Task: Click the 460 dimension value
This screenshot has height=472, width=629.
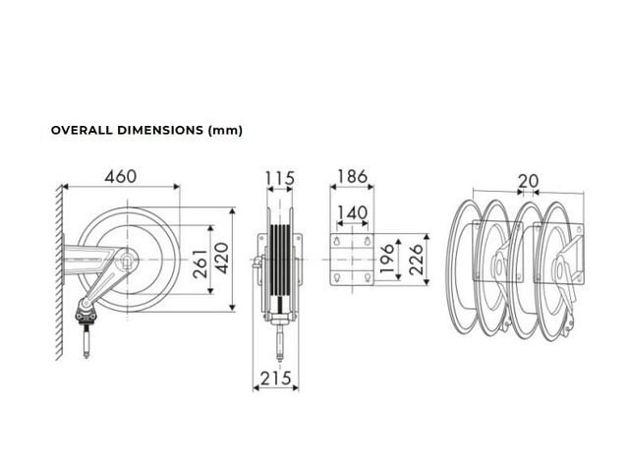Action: pyautogui.click(x=120, y=177)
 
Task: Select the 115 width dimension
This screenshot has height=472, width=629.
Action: pyautogui.click(x=280, y=179)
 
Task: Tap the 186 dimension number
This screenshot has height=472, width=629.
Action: pyautogui.click(x=352, y=177)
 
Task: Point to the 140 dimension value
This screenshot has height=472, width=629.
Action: pyautogui.click(x=352, y=212)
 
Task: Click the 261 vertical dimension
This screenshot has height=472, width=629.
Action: pyautogui.click(x=200, y=265)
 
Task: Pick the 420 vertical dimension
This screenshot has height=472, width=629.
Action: pyautogui.click(x=221, y=258)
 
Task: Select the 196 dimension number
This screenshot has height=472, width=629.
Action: pyautogui.click(x=387, y=259)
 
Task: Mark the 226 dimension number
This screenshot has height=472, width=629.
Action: pyautogui.click(x=416, y=260)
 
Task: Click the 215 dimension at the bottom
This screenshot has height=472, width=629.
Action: pyautogui.click(x=275, y=379)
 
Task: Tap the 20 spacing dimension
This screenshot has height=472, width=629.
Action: pyautogui.click(x=529, y=181)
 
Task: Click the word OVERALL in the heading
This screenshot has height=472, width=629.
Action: pyautogui.click(x=82, y=131)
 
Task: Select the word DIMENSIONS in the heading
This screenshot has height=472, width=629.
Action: pyautogui.click(x=160, y=131)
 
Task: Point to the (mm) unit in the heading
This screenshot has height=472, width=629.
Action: pyautogui.click(x=225, y=131)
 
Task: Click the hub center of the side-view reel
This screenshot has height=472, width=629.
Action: pyautogui.click(x=128, y=260)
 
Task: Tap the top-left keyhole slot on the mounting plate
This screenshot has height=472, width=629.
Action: pyautogui.click(x=337, y=240)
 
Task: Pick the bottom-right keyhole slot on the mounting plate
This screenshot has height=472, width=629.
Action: pyautogui.click(x=367, y=277)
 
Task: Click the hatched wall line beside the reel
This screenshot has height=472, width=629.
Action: pyautogui.click(x=59, y=272)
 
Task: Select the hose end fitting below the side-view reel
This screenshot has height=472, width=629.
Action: pyautogui.click(x=86, y=341)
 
